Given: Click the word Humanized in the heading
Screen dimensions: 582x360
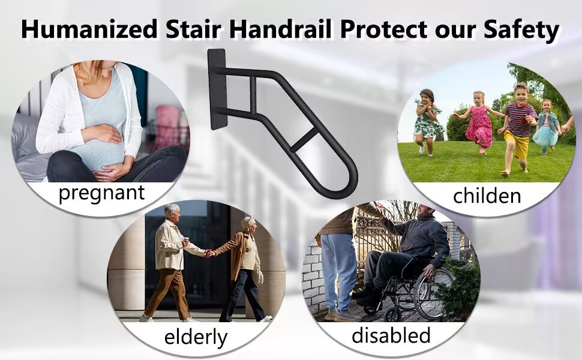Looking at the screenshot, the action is (x=89, y=29).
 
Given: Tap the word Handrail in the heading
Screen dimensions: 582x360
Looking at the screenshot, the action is (x=280, y=29).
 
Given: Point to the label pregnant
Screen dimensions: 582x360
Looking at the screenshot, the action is (x=101, y=193).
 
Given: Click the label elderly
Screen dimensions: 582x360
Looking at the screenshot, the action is (x=196, y=337).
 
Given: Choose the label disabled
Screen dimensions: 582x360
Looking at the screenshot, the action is (x=391, y=335).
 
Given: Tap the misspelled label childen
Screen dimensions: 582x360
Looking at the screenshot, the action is (x=487, y=195).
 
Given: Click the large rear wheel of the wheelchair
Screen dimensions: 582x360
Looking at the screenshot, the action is (x=433, y=293).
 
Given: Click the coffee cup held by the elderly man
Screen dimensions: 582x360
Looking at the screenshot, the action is (x=185, y=241).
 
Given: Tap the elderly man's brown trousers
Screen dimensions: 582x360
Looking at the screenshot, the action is (x=168, y=293).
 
